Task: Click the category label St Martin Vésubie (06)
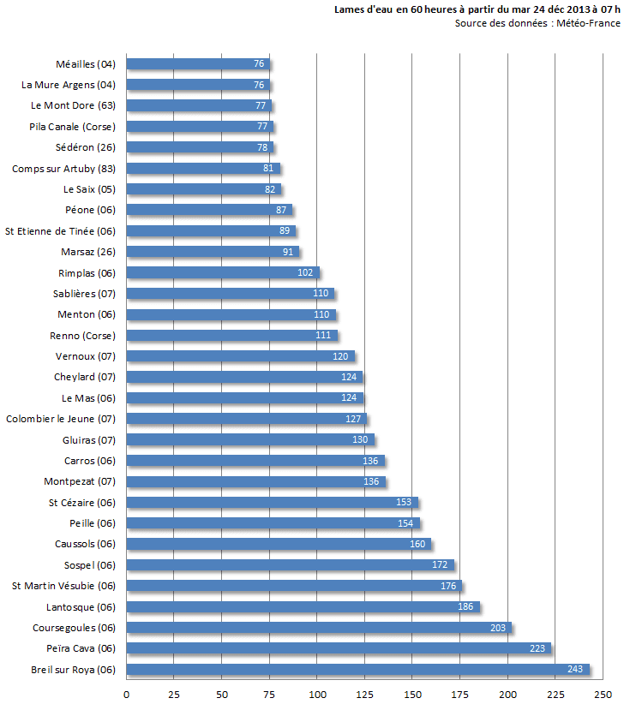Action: pos(63,586)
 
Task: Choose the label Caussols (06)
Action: pos(84,544)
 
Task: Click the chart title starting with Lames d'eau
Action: pos(477,10)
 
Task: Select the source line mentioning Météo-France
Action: pos(537,24)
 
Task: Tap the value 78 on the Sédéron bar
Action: pos(262,147)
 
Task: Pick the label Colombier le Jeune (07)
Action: pos(61,419)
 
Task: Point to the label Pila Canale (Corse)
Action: pos(72,127)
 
